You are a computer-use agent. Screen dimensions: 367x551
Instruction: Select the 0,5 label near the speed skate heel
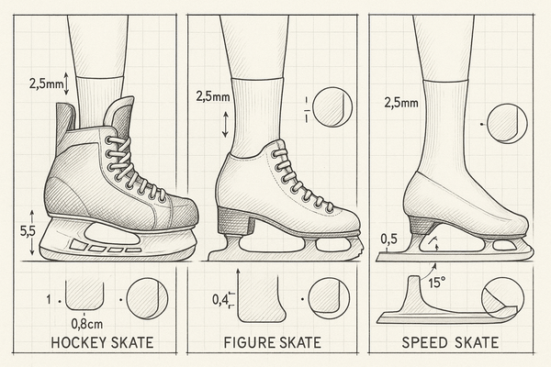click(390, 239)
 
